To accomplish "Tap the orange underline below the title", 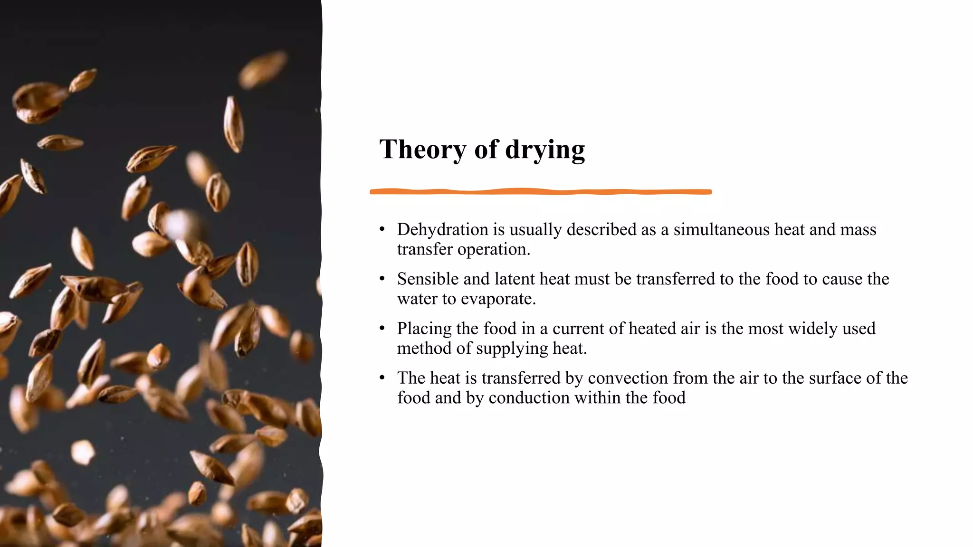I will click(541, 192).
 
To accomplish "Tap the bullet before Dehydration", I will click(382, 230).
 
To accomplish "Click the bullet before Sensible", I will click(382, 279).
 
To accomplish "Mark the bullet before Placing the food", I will click(382, 329).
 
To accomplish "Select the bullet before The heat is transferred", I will click(382, 378).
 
